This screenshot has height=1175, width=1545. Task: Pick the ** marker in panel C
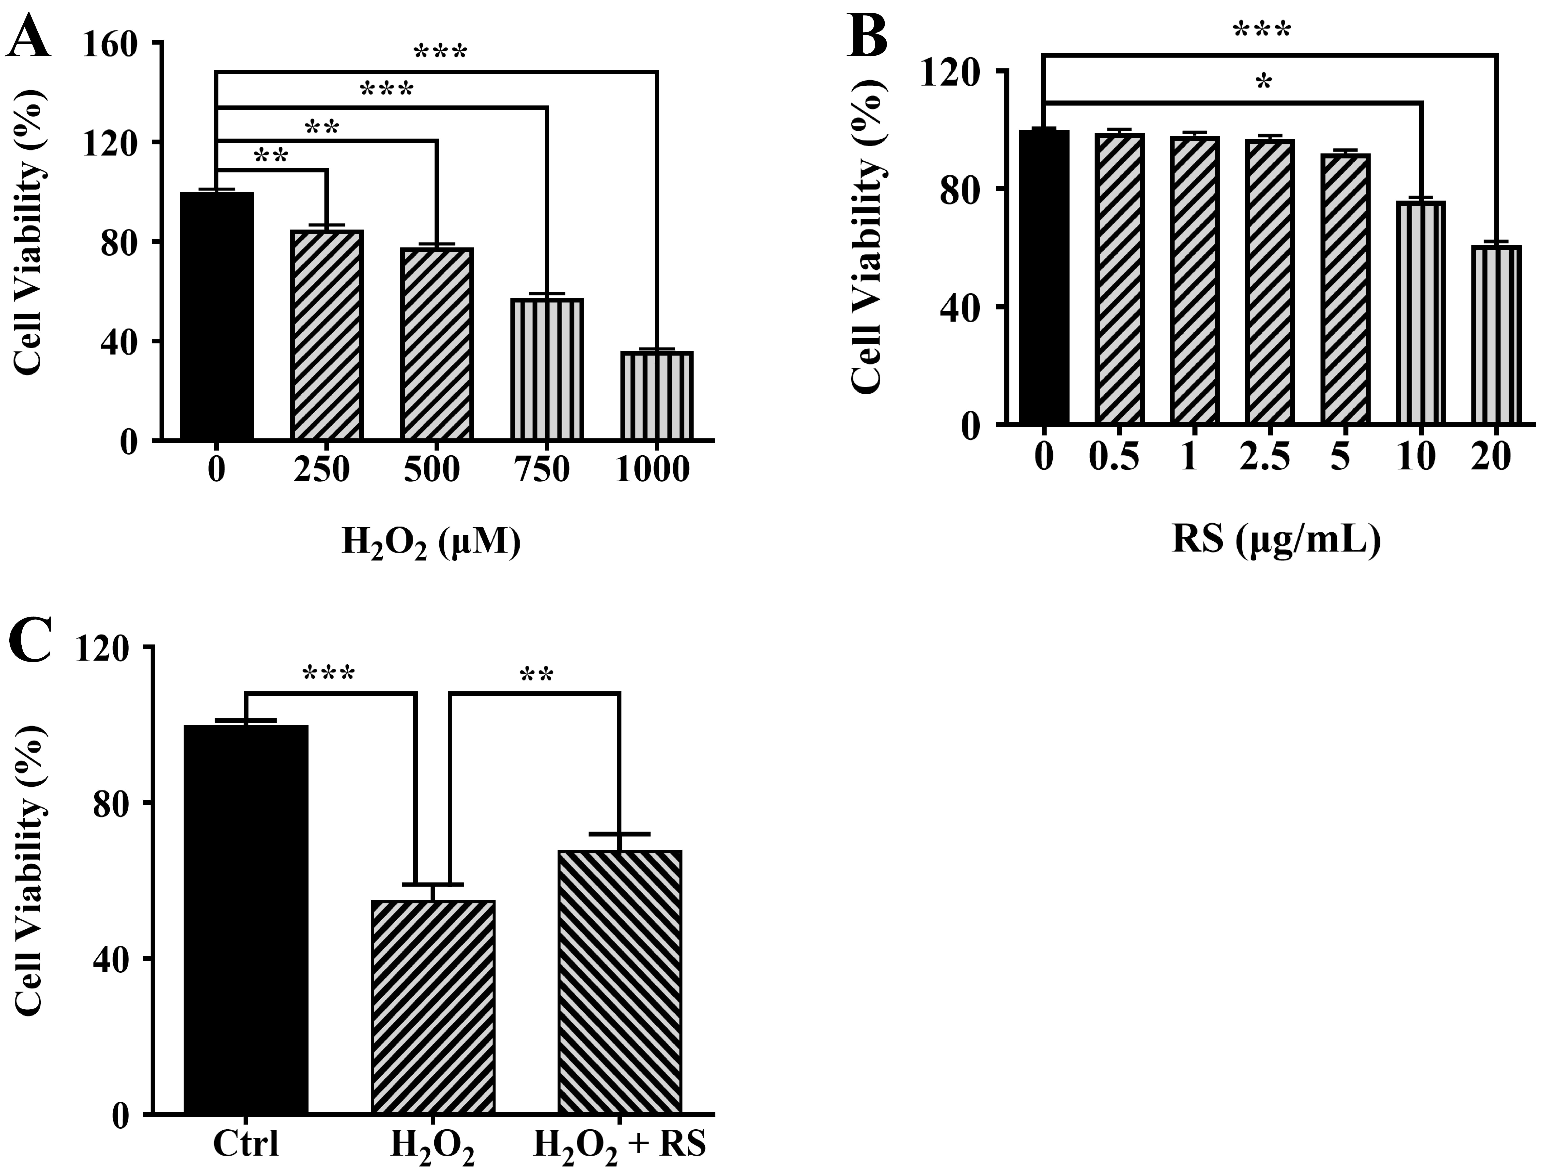tap(537, 676)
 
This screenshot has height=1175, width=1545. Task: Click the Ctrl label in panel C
tap(246, 1145)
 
